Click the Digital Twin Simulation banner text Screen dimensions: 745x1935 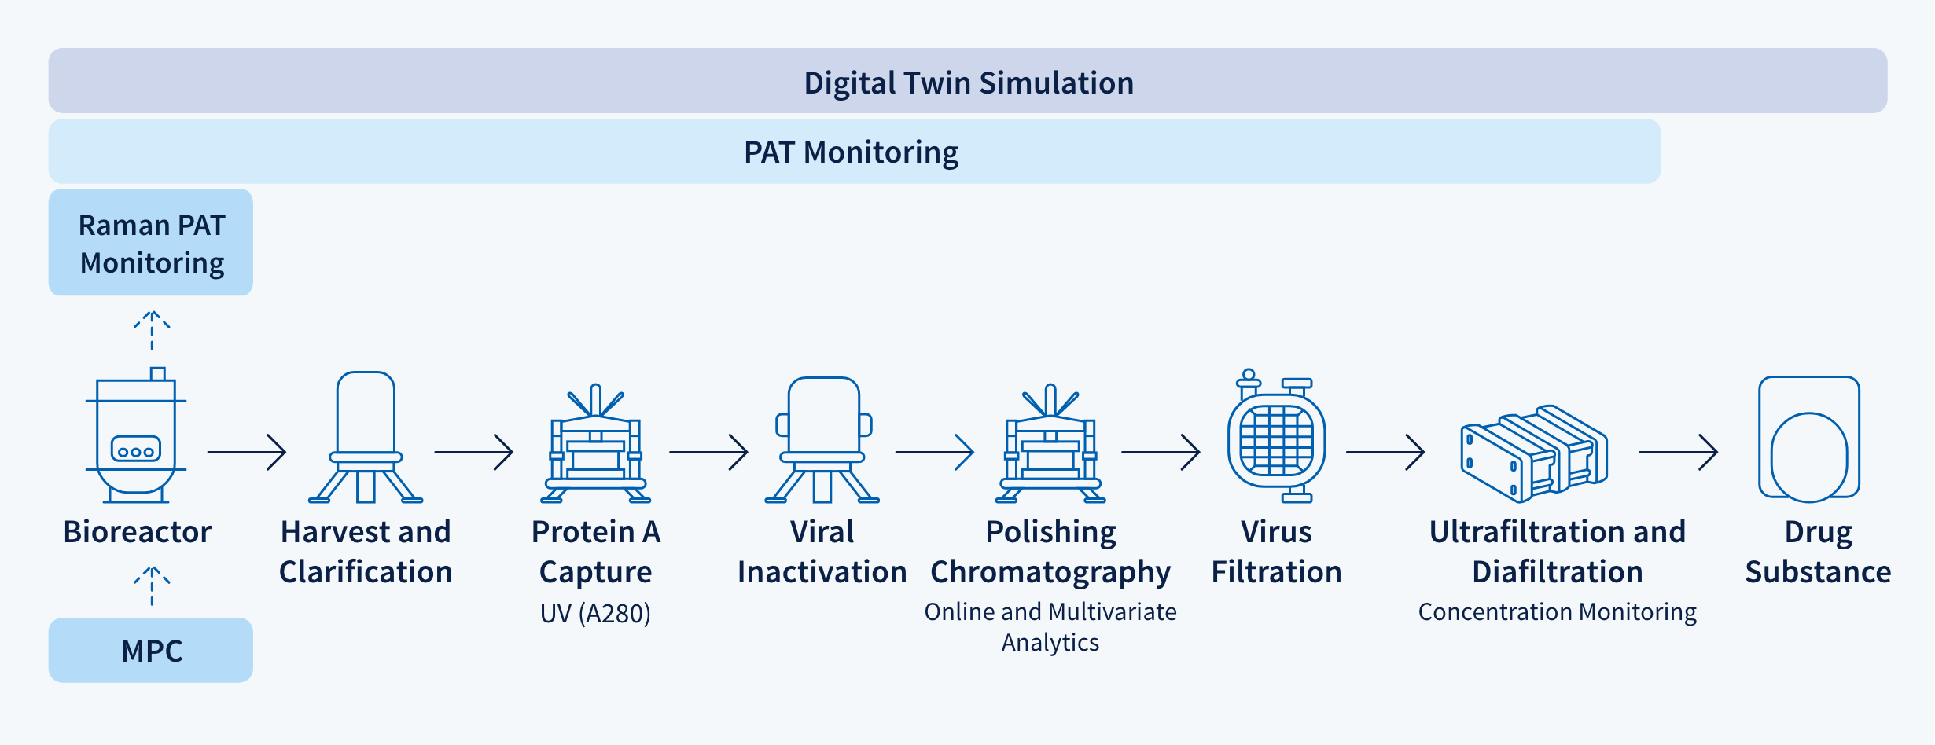(x=968, y=83)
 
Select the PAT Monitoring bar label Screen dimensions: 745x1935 (x=851, y=152)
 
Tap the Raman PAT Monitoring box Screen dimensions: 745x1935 (x=151, y=243)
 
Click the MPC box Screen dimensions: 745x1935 (x=151, y=650)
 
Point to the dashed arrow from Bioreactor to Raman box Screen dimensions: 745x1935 (x=152, y=330)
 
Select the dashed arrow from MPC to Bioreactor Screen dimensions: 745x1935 (x=152, y=585)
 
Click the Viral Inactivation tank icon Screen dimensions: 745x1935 (x=822, y=440)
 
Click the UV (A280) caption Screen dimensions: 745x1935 (x=595, y=613)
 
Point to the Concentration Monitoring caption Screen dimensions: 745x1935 (x=1557, y=611)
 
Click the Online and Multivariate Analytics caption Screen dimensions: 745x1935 (x=1050, y=626)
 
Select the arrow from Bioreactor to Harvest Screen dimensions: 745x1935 (x=246, y=452)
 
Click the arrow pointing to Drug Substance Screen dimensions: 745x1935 (x=1678, y=452)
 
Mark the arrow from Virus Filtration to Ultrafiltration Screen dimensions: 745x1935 (x=1385, y=452)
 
